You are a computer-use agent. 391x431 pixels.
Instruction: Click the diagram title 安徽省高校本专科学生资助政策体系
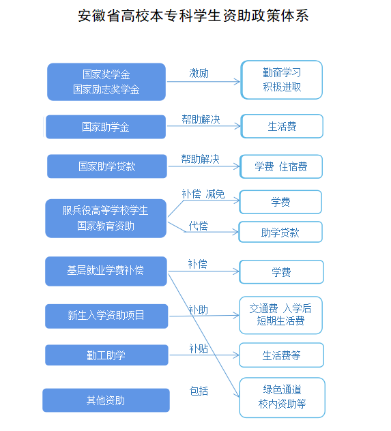click(193, 16)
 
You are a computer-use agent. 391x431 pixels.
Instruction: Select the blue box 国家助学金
click(106, 127)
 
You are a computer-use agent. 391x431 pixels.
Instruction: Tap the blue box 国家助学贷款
click(107, 166)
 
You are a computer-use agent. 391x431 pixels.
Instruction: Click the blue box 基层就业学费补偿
click(106, 271)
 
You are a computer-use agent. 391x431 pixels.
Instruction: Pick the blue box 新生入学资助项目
click(106, 316)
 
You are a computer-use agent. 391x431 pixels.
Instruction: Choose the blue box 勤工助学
click(106, 355)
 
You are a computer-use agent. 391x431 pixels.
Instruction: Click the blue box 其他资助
click(106, 400)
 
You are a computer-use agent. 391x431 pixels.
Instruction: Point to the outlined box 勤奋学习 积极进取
click(282, 80)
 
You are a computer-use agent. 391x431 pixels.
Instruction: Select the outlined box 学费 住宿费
click(281, 166)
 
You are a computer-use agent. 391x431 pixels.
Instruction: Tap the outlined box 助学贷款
click(280, 232)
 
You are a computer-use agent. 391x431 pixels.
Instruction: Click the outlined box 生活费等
click(282, 355)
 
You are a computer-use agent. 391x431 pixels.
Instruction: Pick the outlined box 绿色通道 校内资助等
click(282, 398)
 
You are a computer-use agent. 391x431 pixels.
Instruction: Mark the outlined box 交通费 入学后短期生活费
click(280, 315)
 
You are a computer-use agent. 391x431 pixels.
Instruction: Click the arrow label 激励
click(199, 74)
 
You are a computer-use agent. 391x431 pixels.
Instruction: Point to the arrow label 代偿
click(199, 226)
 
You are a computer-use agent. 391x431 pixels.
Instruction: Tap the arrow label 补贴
click(199, 348)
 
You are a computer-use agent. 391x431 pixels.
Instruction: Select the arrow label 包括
click(199, 391)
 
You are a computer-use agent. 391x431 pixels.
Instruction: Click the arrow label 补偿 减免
click(203, 194)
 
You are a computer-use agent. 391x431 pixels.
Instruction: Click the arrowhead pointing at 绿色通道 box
click(237, 395)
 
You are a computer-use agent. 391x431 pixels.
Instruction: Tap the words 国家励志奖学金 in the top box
click(106, 89)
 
